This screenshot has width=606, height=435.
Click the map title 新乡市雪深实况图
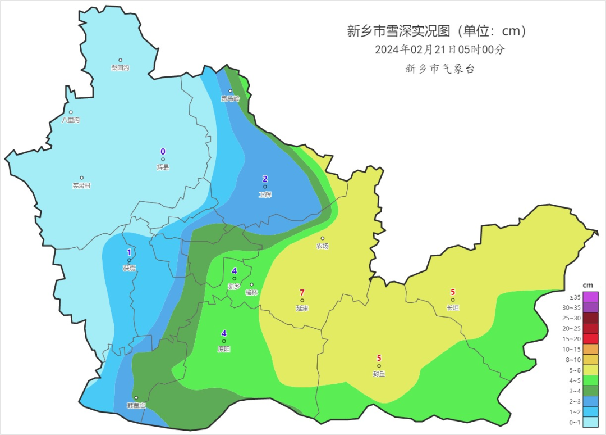[x=399, y=31]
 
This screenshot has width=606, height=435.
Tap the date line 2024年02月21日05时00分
[x=440, y=49]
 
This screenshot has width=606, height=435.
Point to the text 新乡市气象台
[x=440, y=69]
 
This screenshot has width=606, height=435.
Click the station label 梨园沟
[x=120, y=68]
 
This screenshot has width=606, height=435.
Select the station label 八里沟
[x=71, y=120]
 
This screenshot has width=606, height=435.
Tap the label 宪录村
[x=81, y=186]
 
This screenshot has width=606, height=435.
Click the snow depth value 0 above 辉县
[x=163, y=152]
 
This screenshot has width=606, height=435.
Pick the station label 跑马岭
[x=230, y=99]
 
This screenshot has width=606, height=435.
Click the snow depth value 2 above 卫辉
[x=265, y=179]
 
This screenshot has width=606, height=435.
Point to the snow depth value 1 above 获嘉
[x=129, y=252]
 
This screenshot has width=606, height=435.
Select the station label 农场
[x=322, y=246]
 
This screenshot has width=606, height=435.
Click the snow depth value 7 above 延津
[x=302, y=292]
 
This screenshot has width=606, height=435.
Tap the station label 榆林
[x=251, y=292]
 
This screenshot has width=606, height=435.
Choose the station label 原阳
[x=224, y=349]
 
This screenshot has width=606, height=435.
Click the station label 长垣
[x=452, y=307]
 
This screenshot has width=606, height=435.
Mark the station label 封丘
[x=379, y=374]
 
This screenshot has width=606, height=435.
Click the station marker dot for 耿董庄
[x=136, y=398]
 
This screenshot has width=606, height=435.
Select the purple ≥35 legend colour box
[x=590, y=297]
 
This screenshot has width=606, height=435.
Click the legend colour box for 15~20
[x=590, y=339]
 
